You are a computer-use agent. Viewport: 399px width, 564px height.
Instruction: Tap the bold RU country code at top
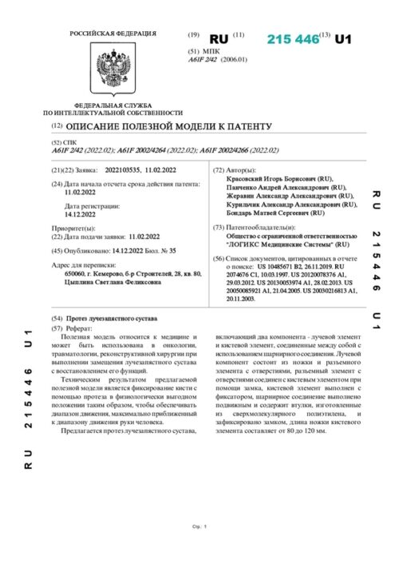coord(218,39)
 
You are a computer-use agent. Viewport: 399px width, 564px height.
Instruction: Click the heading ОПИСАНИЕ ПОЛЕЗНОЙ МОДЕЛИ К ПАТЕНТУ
coord(169,127)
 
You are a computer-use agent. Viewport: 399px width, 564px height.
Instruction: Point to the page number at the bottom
coord(199,549)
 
